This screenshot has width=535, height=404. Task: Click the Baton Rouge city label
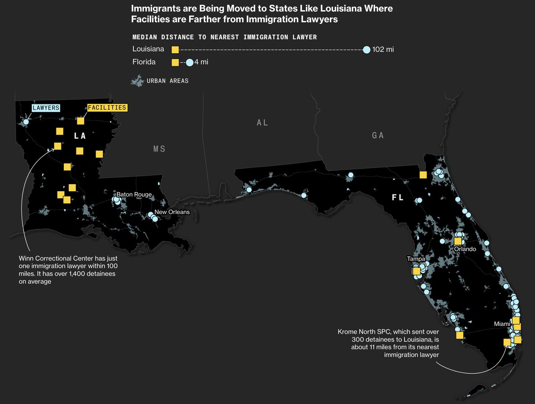pyautogui.click(x=134, y=195)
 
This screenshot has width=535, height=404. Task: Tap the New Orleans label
pyautogui.click(x=172, y=212)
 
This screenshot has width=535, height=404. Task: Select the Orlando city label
pyautogui.click(x=465, y=249)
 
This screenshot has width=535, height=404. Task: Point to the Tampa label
pyautogui.click(x=416, y=259)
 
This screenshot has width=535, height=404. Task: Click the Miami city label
pyautogui.click(x=502, y=324)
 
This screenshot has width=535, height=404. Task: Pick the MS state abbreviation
pyautogui.click(x=159, y=149)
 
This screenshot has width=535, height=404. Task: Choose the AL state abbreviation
pyautogui.click(x=263, y=123)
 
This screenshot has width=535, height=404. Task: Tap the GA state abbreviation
pyautogui.click(x=378, y=136)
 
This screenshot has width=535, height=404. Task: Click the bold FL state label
pyautogui.click(x=398, y=198)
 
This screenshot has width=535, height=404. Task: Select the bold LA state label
pyautogui.click(x=80, y=135)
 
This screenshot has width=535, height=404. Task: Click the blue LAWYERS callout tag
pyautogui.click(x=46, y=108)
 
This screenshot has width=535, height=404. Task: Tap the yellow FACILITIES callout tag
pyautogui.click(x=107, y=108)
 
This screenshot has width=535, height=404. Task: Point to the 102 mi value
pyautogui.click(x=383, y=49)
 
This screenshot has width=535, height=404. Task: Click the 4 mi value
pyautogui.click(x=202, y=62)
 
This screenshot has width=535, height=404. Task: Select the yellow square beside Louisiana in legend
pyautogui.click(x=175, y=49)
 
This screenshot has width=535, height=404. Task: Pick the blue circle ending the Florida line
pyautogui.click(x=189, y=63)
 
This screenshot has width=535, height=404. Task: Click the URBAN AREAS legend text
pyautogui.click(x=167, y=81)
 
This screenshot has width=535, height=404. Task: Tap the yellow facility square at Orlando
pyautogui.click(x=457, y=241)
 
